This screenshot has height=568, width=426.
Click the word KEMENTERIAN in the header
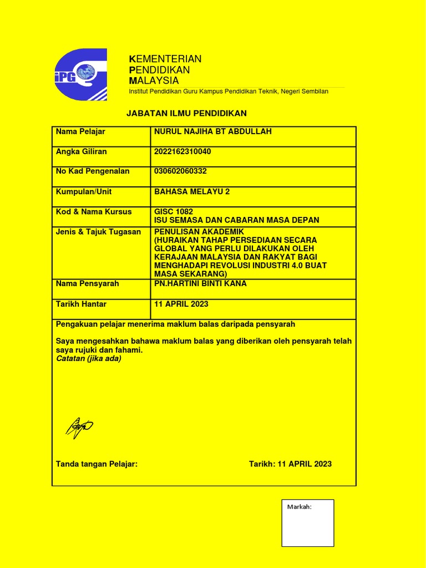click(165, 59)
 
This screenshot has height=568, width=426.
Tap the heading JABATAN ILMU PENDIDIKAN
click(186, 113)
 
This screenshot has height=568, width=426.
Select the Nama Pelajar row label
click(80, 131)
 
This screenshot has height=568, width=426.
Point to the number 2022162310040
click(182, 151)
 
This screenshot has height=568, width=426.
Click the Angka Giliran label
click(82, 151)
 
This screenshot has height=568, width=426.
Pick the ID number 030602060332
click(180, 171)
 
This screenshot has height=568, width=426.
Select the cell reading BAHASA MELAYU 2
click(192, 191)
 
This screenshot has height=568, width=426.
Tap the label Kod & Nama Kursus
click(94, 211)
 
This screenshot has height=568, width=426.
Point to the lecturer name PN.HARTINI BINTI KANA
click(200, 283)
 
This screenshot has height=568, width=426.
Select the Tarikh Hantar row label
click(81, 304)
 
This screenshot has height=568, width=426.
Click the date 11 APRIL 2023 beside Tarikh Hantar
click(181, 304)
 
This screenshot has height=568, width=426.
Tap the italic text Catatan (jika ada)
click(88, 358)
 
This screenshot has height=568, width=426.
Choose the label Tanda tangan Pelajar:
click(97, 464)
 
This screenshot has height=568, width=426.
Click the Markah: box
click(308, 523)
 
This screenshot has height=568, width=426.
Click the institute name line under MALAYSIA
click(229, 91)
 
